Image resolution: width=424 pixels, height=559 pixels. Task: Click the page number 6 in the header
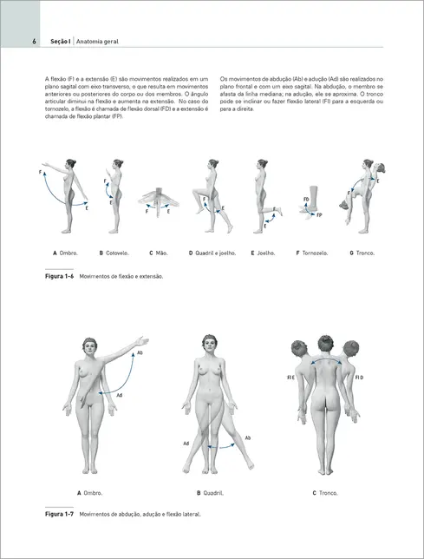pos(32,41)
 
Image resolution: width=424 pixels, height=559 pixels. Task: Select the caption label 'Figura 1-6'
pos(58,277)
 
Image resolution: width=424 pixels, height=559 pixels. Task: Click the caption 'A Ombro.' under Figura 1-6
pos(65,253)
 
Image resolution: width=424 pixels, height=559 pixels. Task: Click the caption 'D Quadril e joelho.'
pos(211,253)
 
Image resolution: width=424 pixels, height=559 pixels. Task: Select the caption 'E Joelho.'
pos(263,253)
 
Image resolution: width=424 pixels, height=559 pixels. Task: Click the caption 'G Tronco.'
pos(363,253)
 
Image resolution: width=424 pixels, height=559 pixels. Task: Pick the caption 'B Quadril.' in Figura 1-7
pos(210,493)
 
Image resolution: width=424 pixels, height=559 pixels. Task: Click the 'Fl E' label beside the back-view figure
pos(291,379)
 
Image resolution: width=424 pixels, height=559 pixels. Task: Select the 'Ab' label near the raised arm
pos(140,354)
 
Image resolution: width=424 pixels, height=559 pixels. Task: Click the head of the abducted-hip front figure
pos(209,343)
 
